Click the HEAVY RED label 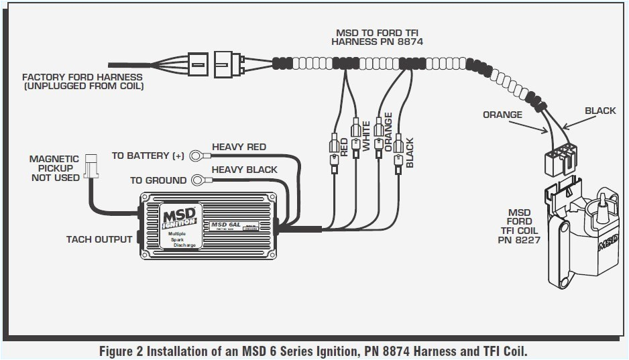(x=239, y=147)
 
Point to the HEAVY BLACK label (x=244, y=170)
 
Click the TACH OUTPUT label (x=99, y=239)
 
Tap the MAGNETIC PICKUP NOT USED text (x=54, y=168)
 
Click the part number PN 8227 (x=520, y=240)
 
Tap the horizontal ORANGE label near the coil (x=502, y=115)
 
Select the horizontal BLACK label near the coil (x=599, y=111)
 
